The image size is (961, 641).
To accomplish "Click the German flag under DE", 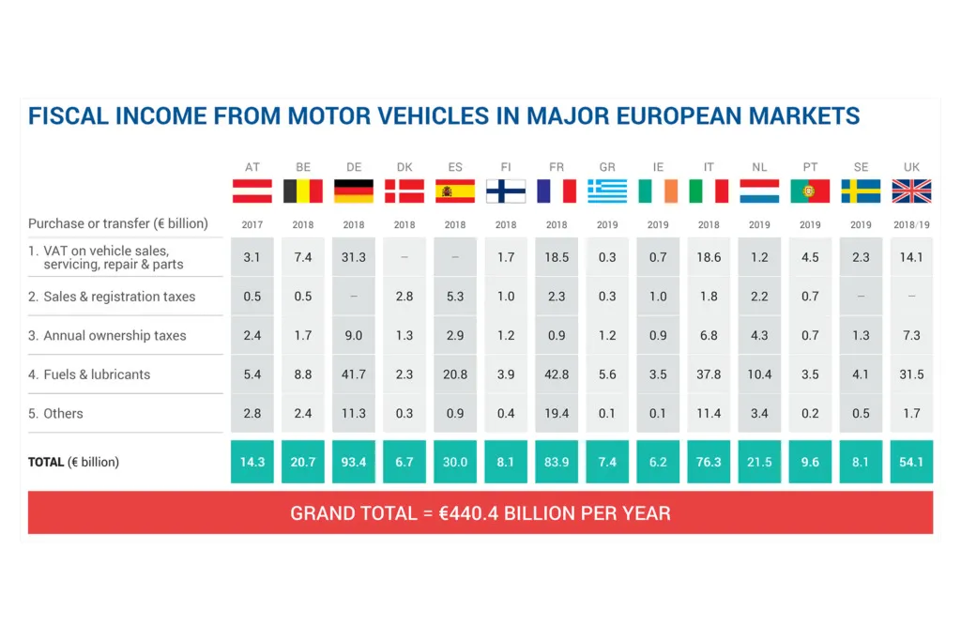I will coord(354,191).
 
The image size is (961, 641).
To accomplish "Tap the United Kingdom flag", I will coord(911,191).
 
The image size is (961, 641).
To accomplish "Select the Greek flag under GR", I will coord(607,191).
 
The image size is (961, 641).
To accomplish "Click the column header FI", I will coord(506,167).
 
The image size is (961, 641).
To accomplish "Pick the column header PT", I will coord(810,167).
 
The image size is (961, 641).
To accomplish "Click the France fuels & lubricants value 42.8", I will coord(557,374).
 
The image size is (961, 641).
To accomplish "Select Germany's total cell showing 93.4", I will coord(354,462).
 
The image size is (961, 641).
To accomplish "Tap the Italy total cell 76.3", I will coord(709,462).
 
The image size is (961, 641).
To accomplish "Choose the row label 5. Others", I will coord(55,413).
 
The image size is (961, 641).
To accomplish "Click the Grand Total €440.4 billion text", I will coord(480,513).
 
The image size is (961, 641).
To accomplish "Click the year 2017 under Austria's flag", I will coord(252,225).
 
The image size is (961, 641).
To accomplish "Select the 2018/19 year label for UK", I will coord(911,225).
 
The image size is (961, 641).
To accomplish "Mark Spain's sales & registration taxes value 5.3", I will coord(455,297).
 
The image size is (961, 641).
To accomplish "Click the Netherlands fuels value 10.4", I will coord(759,374).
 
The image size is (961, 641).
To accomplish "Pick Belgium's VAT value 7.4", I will coord(303,257).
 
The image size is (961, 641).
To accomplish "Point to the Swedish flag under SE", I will coord(861,191).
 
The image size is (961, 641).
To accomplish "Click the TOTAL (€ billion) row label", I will coord(73,462).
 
